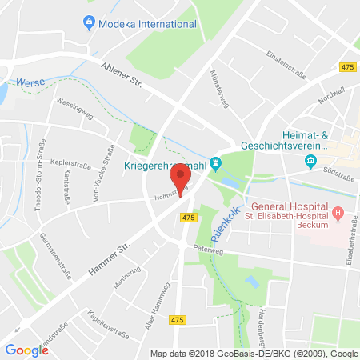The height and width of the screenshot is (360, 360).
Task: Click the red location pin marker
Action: (181, 178)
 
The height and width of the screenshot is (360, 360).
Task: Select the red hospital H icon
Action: (338, 214)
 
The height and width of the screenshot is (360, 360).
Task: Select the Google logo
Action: (26, 350)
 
